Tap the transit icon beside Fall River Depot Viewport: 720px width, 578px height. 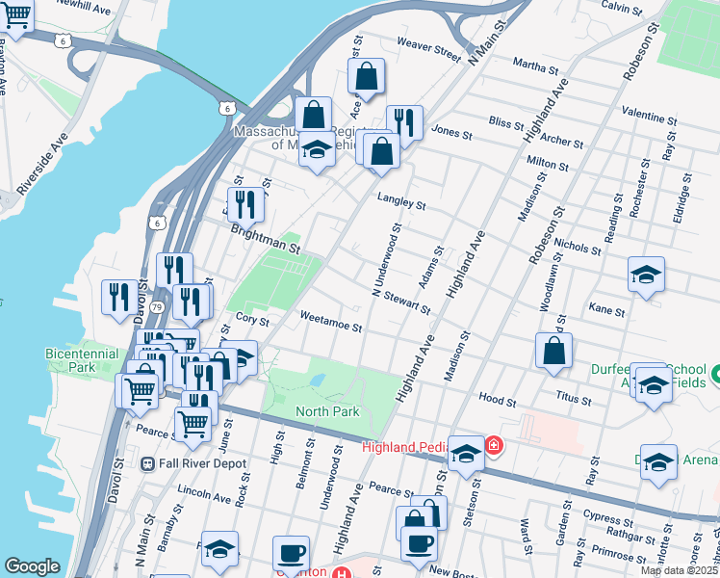(x=147, y=463)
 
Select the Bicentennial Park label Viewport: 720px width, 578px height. (x=70, y=360)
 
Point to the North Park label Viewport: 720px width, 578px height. (x=326, y=411)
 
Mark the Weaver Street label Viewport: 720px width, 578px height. (x=429, y=47)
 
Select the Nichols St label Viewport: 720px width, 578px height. (x=578, y=245)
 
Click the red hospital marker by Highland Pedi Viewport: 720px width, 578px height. (x=494, y=445)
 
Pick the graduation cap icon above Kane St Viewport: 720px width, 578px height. (x=647, y=274)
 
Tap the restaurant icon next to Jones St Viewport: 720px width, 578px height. (x=404, y=122)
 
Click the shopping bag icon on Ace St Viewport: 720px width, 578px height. (x=366, y=76)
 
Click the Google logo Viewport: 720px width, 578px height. (x=32, y=567)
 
